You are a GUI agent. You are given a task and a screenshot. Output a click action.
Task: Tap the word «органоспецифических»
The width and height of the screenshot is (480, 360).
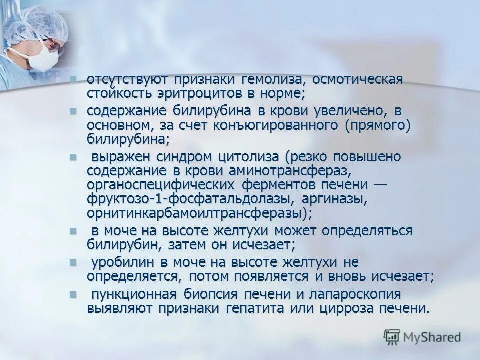coord(162,185)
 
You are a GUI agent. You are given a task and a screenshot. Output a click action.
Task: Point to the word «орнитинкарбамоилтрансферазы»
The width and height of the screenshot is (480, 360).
coord(195,213)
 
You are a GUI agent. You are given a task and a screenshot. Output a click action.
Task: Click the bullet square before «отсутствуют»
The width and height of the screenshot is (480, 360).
coord(73,80)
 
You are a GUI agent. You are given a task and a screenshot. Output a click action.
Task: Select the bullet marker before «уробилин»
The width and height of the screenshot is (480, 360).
coord(73,262)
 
